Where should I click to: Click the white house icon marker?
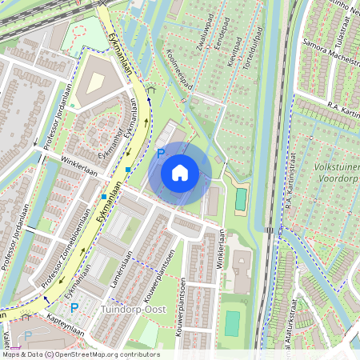tap(180, 173)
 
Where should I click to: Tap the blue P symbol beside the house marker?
tap(160, 152)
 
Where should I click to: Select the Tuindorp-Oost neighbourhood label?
tap(132, 308)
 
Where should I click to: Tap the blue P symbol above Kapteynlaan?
tap(74, 307)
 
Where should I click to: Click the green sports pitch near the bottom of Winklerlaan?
tap(232, 323)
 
